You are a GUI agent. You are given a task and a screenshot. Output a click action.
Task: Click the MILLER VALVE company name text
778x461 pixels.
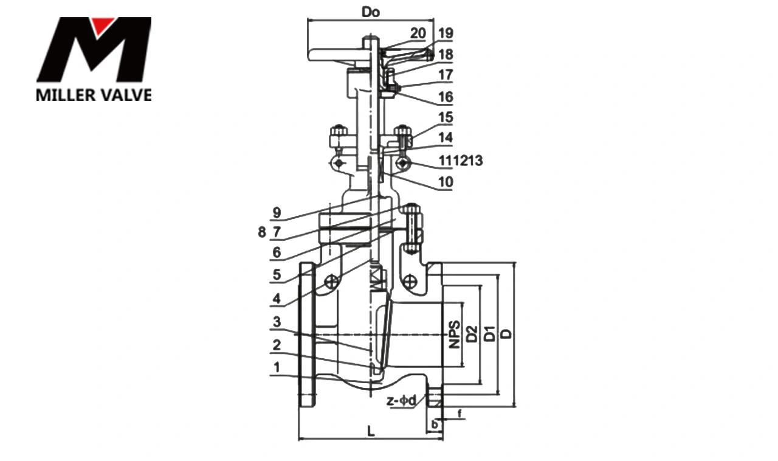pyautogui.click(x=94, y=95)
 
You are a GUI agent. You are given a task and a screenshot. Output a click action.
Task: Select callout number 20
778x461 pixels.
pyautogui.click(x=418, y=33)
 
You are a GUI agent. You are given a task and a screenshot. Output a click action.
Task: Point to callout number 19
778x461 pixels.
pyautogui.click(x=446, y=33)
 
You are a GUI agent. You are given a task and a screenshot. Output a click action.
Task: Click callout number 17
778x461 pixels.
pyautogui.click(x=446, y=76)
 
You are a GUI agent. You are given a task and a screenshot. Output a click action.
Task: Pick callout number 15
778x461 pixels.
pyautogui.click(x=446, y=117)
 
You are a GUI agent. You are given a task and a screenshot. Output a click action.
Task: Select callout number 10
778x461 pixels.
pyautogui.click(x=446, y=181)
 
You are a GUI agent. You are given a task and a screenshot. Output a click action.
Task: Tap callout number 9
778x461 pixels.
pyautogui.click(x=277, y=213)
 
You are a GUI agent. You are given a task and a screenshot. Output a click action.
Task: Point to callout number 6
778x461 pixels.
pyautogui.click(x=277, y=252)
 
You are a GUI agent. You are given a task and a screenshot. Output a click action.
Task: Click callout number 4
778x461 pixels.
pyautogui.click(x=277, y=299)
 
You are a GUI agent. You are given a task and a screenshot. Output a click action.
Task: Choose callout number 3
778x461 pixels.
pyautogui.click(x=277, y=321)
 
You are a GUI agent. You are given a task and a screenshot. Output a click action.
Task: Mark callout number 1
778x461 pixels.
pyautogui.click(x=277, y=367)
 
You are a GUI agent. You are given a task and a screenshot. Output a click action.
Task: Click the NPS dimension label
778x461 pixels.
pyautogui.click(x=453, y=334)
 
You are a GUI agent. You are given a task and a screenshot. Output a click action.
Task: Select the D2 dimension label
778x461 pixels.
pyautogui.click(x=471, y=334)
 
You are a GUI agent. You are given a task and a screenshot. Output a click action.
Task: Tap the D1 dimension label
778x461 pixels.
pyautogui.click(x=489, y=334)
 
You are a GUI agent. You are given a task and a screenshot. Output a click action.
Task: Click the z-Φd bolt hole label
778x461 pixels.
pyautogui.click(x=402, y=401)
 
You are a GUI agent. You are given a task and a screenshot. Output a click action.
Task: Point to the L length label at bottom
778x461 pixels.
pyautogui.click(x=371, y=431)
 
